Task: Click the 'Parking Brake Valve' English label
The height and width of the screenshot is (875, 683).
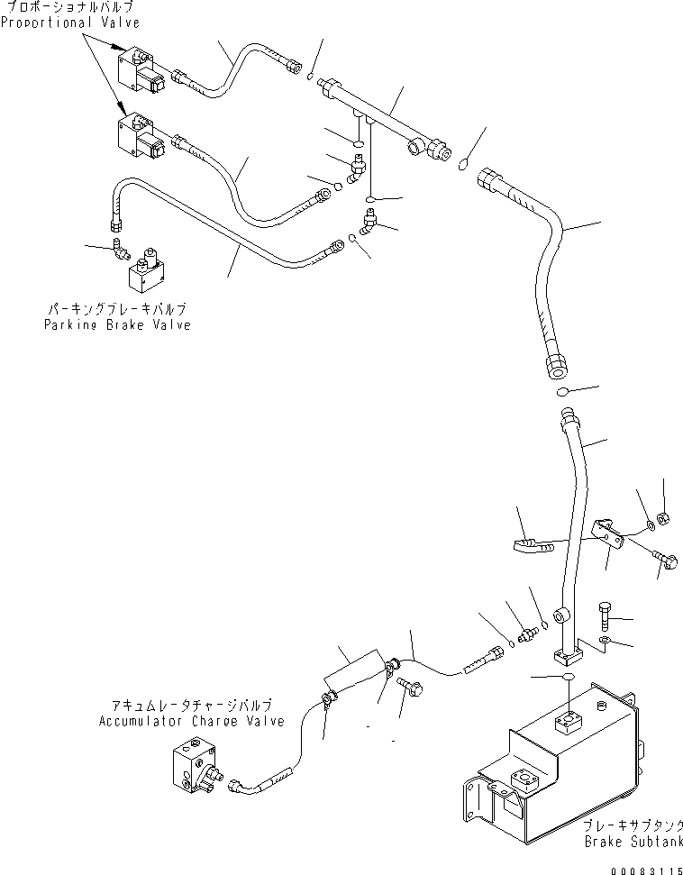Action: pos(117,324)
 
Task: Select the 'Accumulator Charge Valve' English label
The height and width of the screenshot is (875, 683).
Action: pos(191,722)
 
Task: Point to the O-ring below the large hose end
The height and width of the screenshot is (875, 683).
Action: pos(561,392)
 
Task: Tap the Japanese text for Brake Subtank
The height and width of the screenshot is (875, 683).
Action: pos(632,825)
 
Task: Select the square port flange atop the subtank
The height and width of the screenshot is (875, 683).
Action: pos(569,720)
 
